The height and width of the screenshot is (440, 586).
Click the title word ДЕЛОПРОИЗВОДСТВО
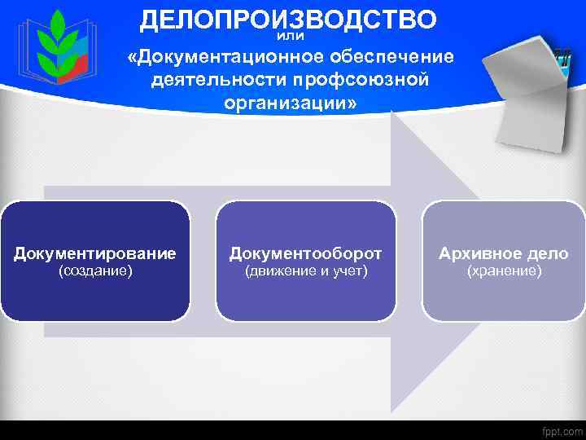288,19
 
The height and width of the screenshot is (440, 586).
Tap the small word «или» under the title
290,36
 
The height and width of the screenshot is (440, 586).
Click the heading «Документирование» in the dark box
95,253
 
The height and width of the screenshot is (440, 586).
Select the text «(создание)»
95,271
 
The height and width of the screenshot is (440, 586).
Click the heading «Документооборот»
305,253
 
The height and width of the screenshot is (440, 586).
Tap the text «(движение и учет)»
306,271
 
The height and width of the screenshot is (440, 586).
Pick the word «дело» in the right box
548,253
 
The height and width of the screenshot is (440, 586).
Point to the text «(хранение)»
504,271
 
